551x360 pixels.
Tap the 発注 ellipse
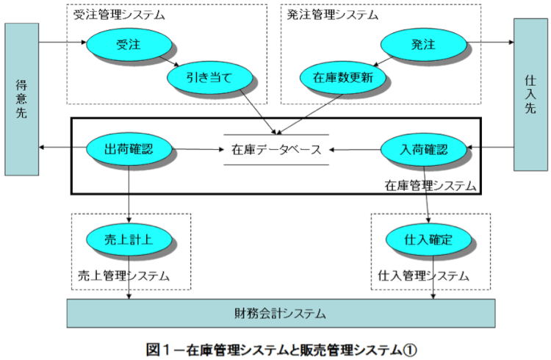423,45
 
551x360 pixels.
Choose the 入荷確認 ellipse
425,149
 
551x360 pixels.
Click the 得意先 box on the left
22,99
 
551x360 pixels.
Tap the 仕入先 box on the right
530,93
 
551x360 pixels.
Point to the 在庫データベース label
275,150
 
